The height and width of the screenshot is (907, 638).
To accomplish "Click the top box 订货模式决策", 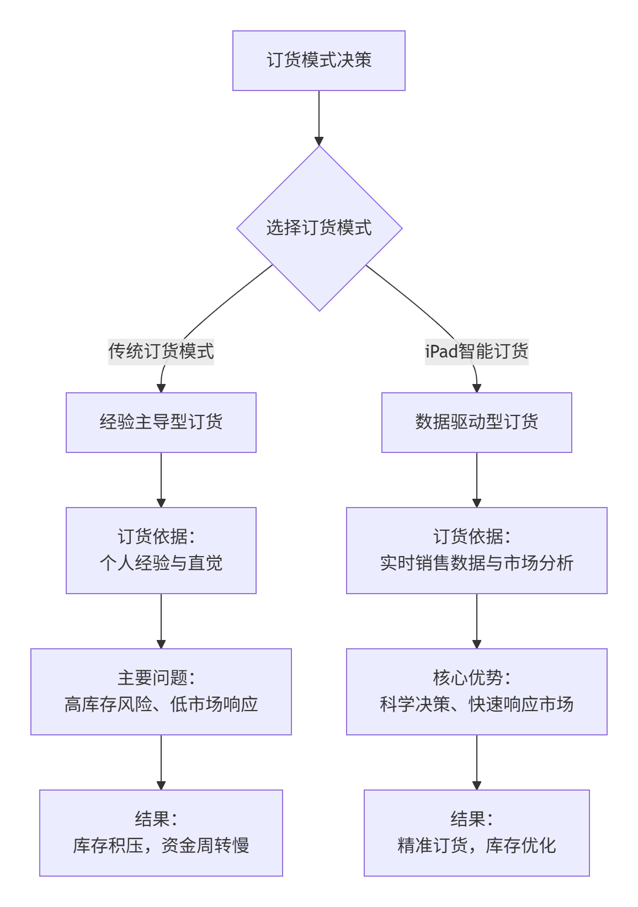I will [x=318, y=60].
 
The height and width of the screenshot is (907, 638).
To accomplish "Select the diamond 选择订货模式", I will [x=319, y=228].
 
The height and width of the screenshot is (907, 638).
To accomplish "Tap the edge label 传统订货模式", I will [x=161, y=351].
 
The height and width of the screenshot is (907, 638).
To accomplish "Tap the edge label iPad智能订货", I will [x=476, y=351].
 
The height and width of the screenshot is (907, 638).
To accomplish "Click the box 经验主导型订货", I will [x=161, y=422].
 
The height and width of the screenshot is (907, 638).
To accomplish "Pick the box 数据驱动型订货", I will [x=476, y=422].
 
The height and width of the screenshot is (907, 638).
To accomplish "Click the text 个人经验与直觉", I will [x=161, y=563].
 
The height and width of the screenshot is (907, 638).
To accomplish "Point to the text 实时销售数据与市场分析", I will [x=476, y=563].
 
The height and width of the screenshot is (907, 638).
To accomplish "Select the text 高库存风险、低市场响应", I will [x=161, y=705].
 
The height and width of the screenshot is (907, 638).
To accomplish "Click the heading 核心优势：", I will [x=472, y=677].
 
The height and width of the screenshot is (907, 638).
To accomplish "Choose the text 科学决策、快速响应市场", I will [x=476, y=705].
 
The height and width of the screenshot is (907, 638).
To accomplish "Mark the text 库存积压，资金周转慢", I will [x=161, y=846].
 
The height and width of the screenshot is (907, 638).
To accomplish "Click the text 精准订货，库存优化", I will [x=476, y=846].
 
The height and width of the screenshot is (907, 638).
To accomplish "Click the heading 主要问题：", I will [x=156, y=677].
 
